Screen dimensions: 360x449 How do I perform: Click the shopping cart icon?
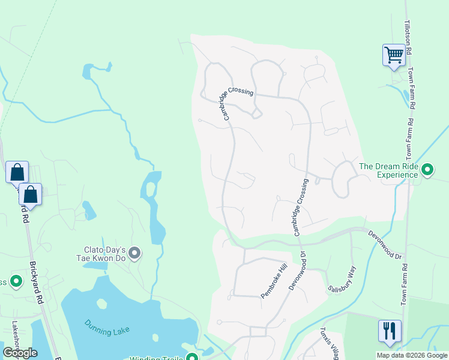point(394,55)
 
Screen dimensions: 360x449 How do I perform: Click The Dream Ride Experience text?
point(388,170)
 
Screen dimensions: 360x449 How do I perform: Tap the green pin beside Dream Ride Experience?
point(427,170)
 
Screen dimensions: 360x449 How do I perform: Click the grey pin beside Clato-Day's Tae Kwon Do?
point(135,254)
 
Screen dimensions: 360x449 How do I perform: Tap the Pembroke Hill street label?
point(274,280)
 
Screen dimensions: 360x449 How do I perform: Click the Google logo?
point(20,352)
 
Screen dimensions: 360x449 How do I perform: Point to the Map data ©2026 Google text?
point(411,355)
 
